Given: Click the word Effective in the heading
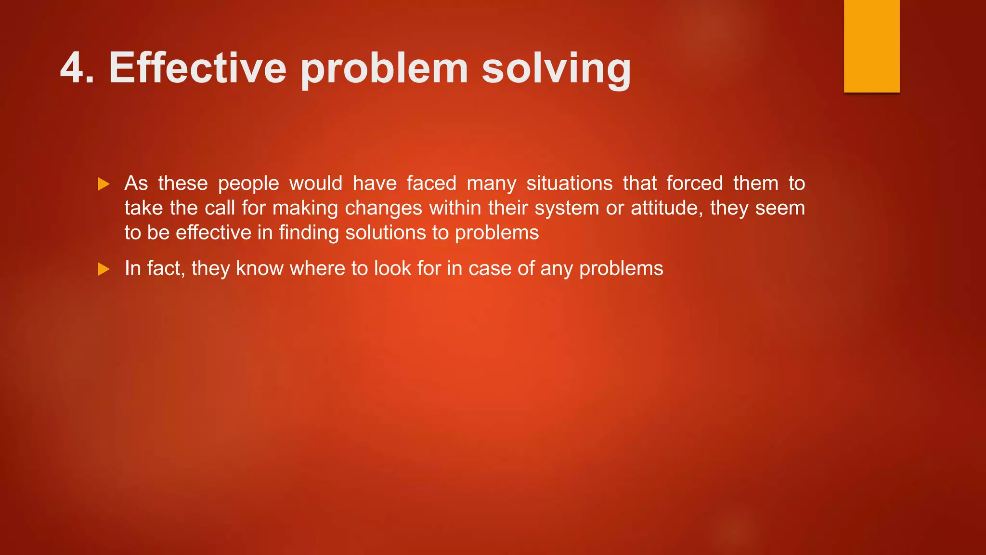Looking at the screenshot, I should pos(197,68).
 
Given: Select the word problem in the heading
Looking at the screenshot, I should pos(384,69).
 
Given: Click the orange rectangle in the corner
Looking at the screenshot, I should pos(871,46).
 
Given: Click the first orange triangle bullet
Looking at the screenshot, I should pos(104,184).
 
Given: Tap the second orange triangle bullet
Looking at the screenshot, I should pos(104,269).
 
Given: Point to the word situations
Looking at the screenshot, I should pos(569,184).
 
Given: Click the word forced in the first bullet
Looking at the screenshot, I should pos(694,184).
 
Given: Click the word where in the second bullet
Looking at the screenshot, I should pos(317,268).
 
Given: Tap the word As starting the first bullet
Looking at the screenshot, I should pos(136,184).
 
